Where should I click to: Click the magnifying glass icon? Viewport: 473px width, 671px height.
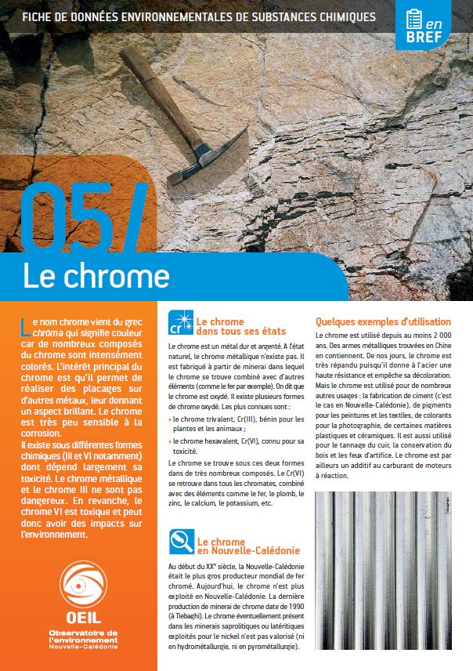(179, 542)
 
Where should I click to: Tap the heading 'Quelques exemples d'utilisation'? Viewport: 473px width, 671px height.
(383, 321)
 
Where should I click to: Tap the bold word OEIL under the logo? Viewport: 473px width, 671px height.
(78, 619)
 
